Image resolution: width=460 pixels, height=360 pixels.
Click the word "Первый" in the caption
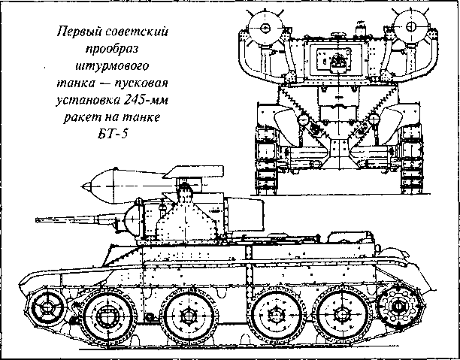[76, 32]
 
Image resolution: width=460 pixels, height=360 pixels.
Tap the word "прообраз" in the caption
[111, 49]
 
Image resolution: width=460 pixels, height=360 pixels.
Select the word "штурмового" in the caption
[112, 66]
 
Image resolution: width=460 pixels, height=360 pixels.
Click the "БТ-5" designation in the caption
[113, 135]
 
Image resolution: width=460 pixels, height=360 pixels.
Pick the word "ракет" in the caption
[80, 118]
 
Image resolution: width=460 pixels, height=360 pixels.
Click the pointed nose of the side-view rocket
[83, 186]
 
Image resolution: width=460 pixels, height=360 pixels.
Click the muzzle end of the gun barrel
[37, 219]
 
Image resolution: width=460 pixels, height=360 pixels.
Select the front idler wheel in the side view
[46, 307]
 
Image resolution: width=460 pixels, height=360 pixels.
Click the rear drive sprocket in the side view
[398, 306]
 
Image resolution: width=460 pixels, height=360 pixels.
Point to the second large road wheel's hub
[188, 316]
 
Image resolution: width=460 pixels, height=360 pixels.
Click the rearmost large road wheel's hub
[342, 314]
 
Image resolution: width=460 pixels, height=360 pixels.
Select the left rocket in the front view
[265, 28]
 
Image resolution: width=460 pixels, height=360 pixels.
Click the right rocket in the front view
[409, 27]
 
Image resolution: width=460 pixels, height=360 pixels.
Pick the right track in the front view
[412, 161]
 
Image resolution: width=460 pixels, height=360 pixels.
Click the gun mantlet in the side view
[133, 219]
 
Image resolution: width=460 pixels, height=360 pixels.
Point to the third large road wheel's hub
[277, 314]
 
